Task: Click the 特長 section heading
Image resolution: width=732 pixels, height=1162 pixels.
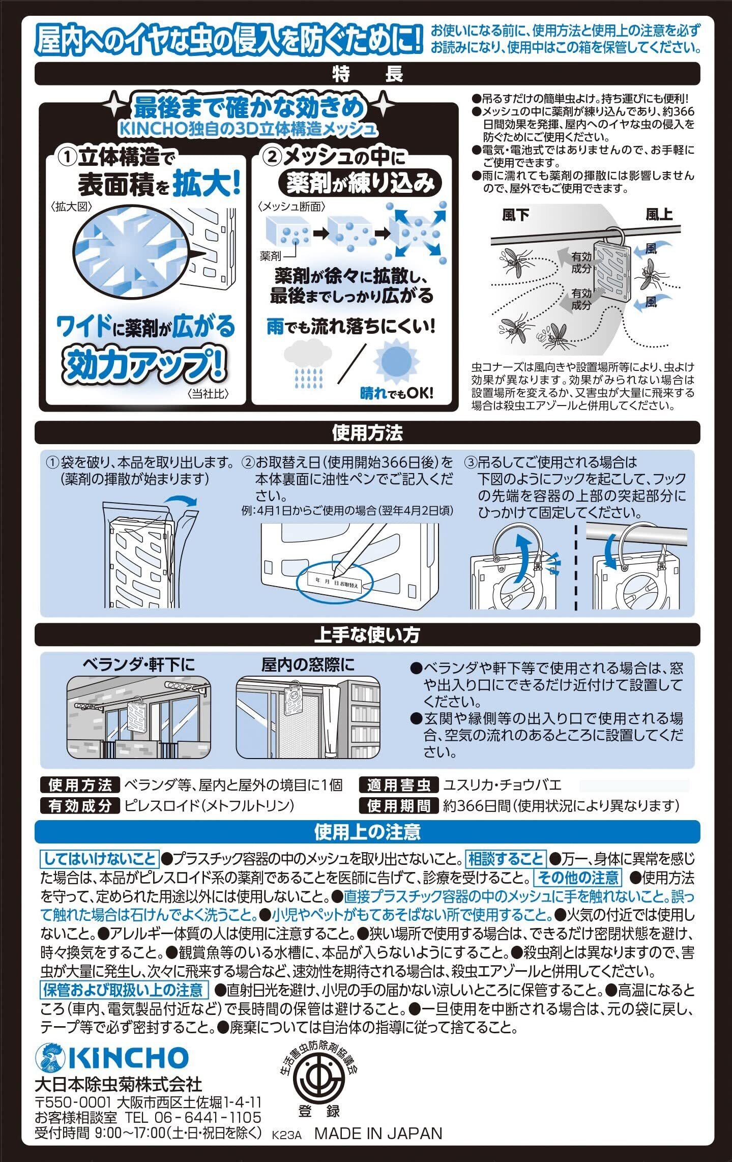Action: (x=367, y=74)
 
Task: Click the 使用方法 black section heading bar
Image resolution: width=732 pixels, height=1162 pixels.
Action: (x=367, y=433)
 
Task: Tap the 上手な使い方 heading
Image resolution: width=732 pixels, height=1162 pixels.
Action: (x=367, y=635)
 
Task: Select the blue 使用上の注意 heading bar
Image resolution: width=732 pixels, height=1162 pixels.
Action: (x=367, y=832)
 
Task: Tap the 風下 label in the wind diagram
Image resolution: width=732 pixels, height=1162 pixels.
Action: (x=515, y=216)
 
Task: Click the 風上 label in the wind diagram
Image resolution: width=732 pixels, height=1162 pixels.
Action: (x=659, y=215)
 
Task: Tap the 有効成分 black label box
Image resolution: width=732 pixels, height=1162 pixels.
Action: (x=79, y=806)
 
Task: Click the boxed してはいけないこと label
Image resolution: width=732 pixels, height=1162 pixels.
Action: (x=100, y=859)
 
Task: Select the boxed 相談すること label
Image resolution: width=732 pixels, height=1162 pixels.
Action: (x=506, y=859)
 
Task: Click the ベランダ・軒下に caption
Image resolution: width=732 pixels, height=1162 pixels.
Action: (x=138, y=664)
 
